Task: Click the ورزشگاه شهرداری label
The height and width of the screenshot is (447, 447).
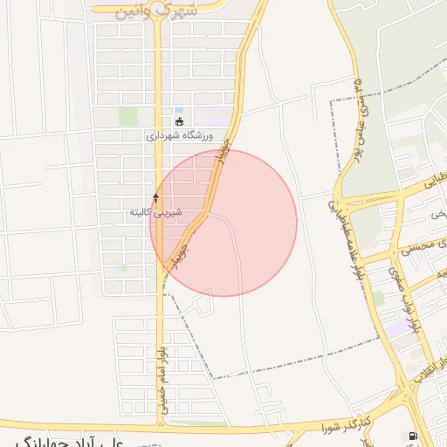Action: [x=180, y=136]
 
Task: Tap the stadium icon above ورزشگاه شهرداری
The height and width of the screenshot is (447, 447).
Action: [x=180, y=121]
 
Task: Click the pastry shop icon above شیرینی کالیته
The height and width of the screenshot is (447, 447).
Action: [x=156, y=197]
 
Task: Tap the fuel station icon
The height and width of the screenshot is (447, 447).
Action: [x=412, y=436]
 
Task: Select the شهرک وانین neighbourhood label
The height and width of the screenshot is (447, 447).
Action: [x=157, y=10]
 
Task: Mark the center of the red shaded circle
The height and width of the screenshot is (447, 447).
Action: [x=223, y=223]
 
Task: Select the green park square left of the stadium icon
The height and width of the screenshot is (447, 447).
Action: [x=128, y=116]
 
